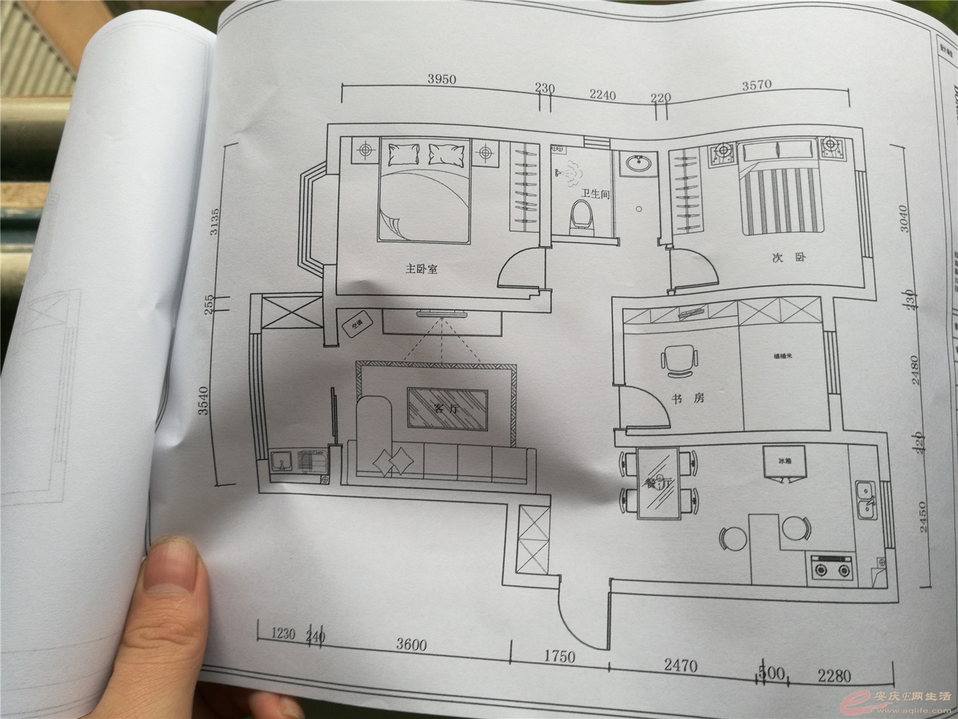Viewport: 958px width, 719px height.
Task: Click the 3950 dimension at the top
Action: click(441, 79)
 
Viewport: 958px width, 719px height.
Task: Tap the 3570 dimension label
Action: click(757, 84)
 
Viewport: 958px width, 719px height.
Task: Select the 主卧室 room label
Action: click(422, 270)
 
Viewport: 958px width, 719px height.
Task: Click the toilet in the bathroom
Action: click(581, 214)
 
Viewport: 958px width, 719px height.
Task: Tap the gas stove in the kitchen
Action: click(832, 566)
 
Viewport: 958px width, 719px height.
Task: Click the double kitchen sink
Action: click(866, 499)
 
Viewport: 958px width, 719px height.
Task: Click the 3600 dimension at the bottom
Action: click(411, 644)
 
